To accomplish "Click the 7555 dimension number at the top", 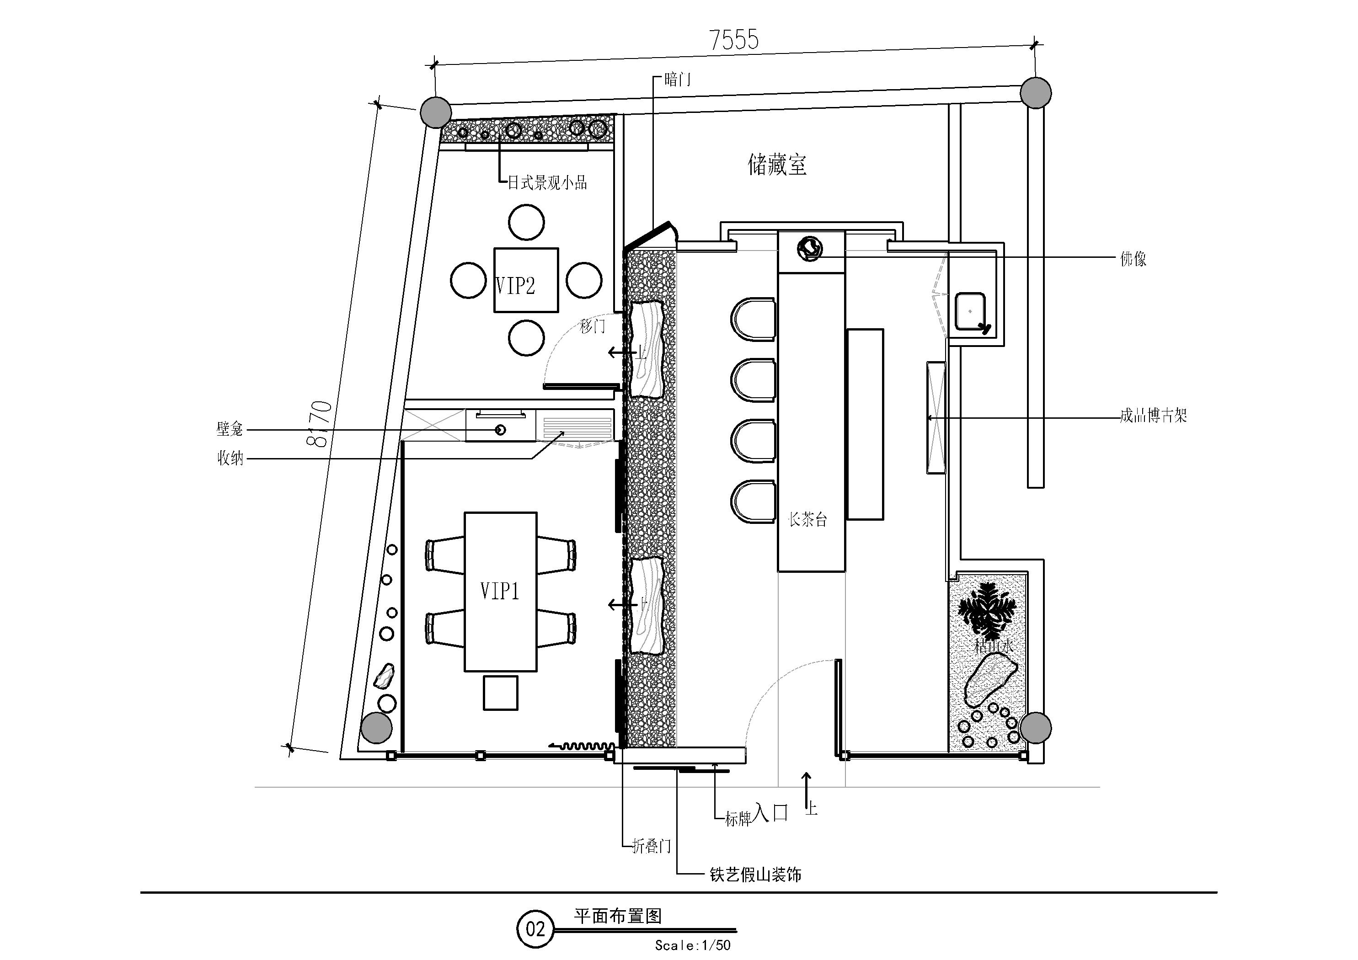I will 733,40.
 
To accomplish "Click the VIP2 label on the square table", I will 515,286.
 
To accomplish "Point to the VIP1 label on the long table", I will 500,591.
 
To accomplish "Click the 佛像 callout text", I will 1133,258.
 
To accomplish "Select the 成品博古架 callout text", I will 1153,416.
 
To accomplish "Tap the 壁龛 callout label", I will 230,429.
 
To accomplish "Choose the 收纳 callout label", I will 230,459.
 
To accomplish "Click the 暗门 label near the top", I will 677,79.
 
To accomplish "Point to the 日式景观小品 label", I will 548,183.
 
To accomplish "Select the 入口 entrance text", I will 771,813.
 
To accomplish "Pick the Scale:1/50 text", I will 693,945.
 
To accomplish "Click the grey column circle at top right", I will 1036,93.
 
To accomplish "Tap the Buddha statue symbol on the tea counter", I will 809,248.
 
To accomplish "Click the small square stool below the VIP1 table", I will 500,693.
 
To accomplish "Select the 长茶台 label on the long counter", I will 808,520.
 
